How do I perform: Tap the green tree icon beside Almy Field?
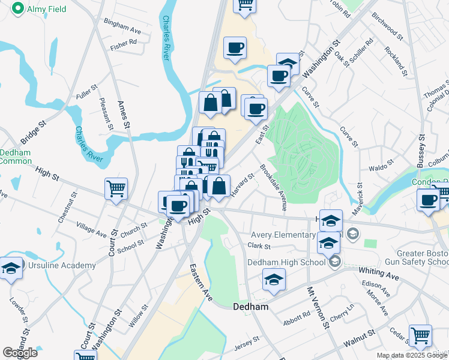tap(18, 8)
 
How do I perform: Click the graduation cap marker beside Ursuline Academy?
tap(11, 268)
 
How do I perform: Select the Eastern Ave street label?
tap(200, 282)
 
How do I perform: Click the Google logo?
tap(20, 353)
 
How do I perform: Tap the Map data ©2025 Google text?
tap(412, 355)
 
